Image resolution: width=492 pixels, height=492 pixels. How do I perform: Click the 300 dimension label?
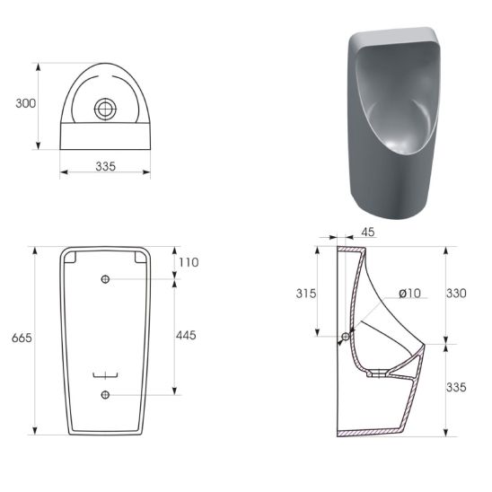[x=26, y=103]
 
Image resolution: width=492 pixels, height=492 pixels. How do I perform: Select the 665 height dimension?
[x=22, y=338]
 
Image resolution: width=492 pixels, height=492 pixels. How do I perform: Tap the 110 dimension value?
[x=189, y=262]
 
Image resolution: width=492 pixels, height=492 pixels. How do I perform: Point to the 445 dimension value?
[x=186, y=336]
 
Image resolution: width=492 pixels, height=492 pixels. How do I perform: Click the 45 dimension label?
[x=368, y=233]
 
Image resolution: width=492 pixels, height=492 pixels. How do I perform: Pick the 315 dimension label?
[x=306, y=294]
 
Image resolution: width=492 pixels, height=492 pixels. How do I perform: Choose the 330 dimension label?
[x=456, y=294]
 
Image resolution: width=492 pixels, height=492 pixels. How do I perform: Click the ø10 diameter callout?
[x=409, y=294]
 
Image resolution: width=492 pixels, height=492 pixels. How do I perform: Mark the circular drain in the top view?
[x=105, y=109]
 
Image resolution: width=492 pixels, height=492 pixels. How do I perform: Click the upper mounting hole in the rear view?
[x=105, y=279]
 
